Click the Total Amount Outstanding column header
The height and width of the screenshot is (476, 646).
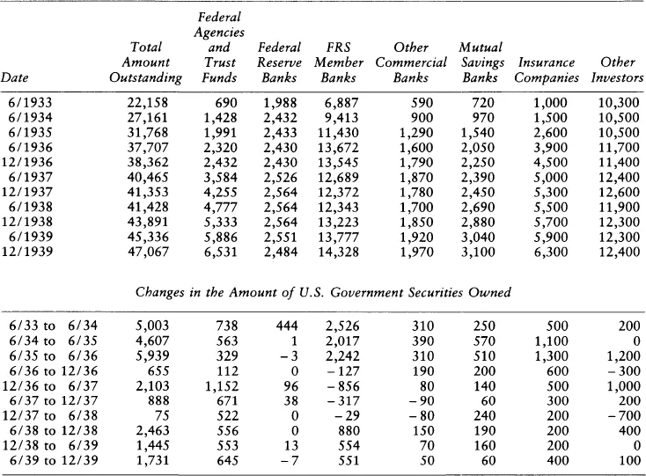click(145, 62)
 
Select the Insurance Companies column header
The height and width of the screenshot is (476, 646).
click(547, 70)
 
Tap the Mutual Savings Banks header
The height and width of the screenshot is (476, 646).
click(482, 62)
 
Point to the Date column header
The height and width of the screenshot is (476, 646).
click(14, 77)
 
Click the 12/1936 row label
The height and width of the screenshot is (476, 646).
click(27, 162)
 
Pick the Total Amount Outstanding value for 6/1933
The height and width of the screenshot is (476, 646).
click(148, 103)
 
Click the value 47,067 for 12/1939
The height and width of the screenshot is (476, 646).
click(148, 252)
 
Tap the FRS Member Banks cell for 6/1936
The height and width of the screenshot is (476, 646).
click(338, 148)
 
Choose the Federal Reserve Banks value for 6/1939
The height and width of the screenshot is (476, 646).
click(280, 237)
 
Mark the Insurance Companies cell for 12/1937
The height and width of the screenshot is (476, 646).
click(551, 193)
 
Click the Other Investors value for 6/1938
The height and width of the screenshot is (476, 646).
click(619, 207)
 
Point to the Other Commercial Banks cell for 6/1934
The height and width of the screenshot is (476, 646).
click(422, 118)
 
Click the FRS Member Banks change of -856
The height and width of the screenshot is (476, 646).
click(343, 386)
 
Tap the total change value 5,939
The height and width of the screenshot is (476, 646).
click(152, 355)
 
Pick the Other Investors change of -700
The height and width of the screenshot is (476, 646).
click(624, 415)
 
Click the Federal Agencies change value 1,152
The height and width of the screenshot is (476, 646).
click(221, 386)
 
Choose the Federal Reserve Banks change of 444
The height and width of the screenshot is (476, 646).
click(287, 326)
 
